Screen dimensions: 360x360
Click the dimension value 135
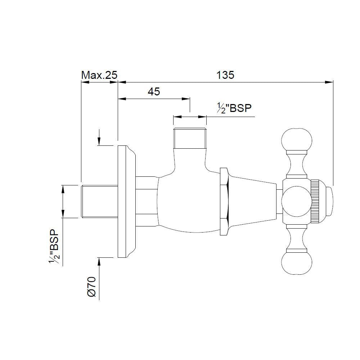(x=225, y=75)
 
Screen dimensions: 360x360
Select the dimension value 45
(x=154, y=91)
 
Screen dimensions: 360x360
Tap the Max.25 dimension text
(x=99, y=75)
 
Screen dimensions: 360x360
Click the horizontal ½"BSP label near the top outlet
(x=234, y=108)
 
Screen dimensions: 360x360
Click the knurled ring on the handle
(x=315, y=202)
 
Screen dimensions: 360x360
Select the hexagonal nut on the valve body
(x=224, y=202)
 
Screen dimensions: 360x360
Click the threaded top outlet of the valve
(x=190, y=138)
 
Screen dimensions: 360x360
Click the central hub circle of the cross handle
(x=295, y=202)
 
